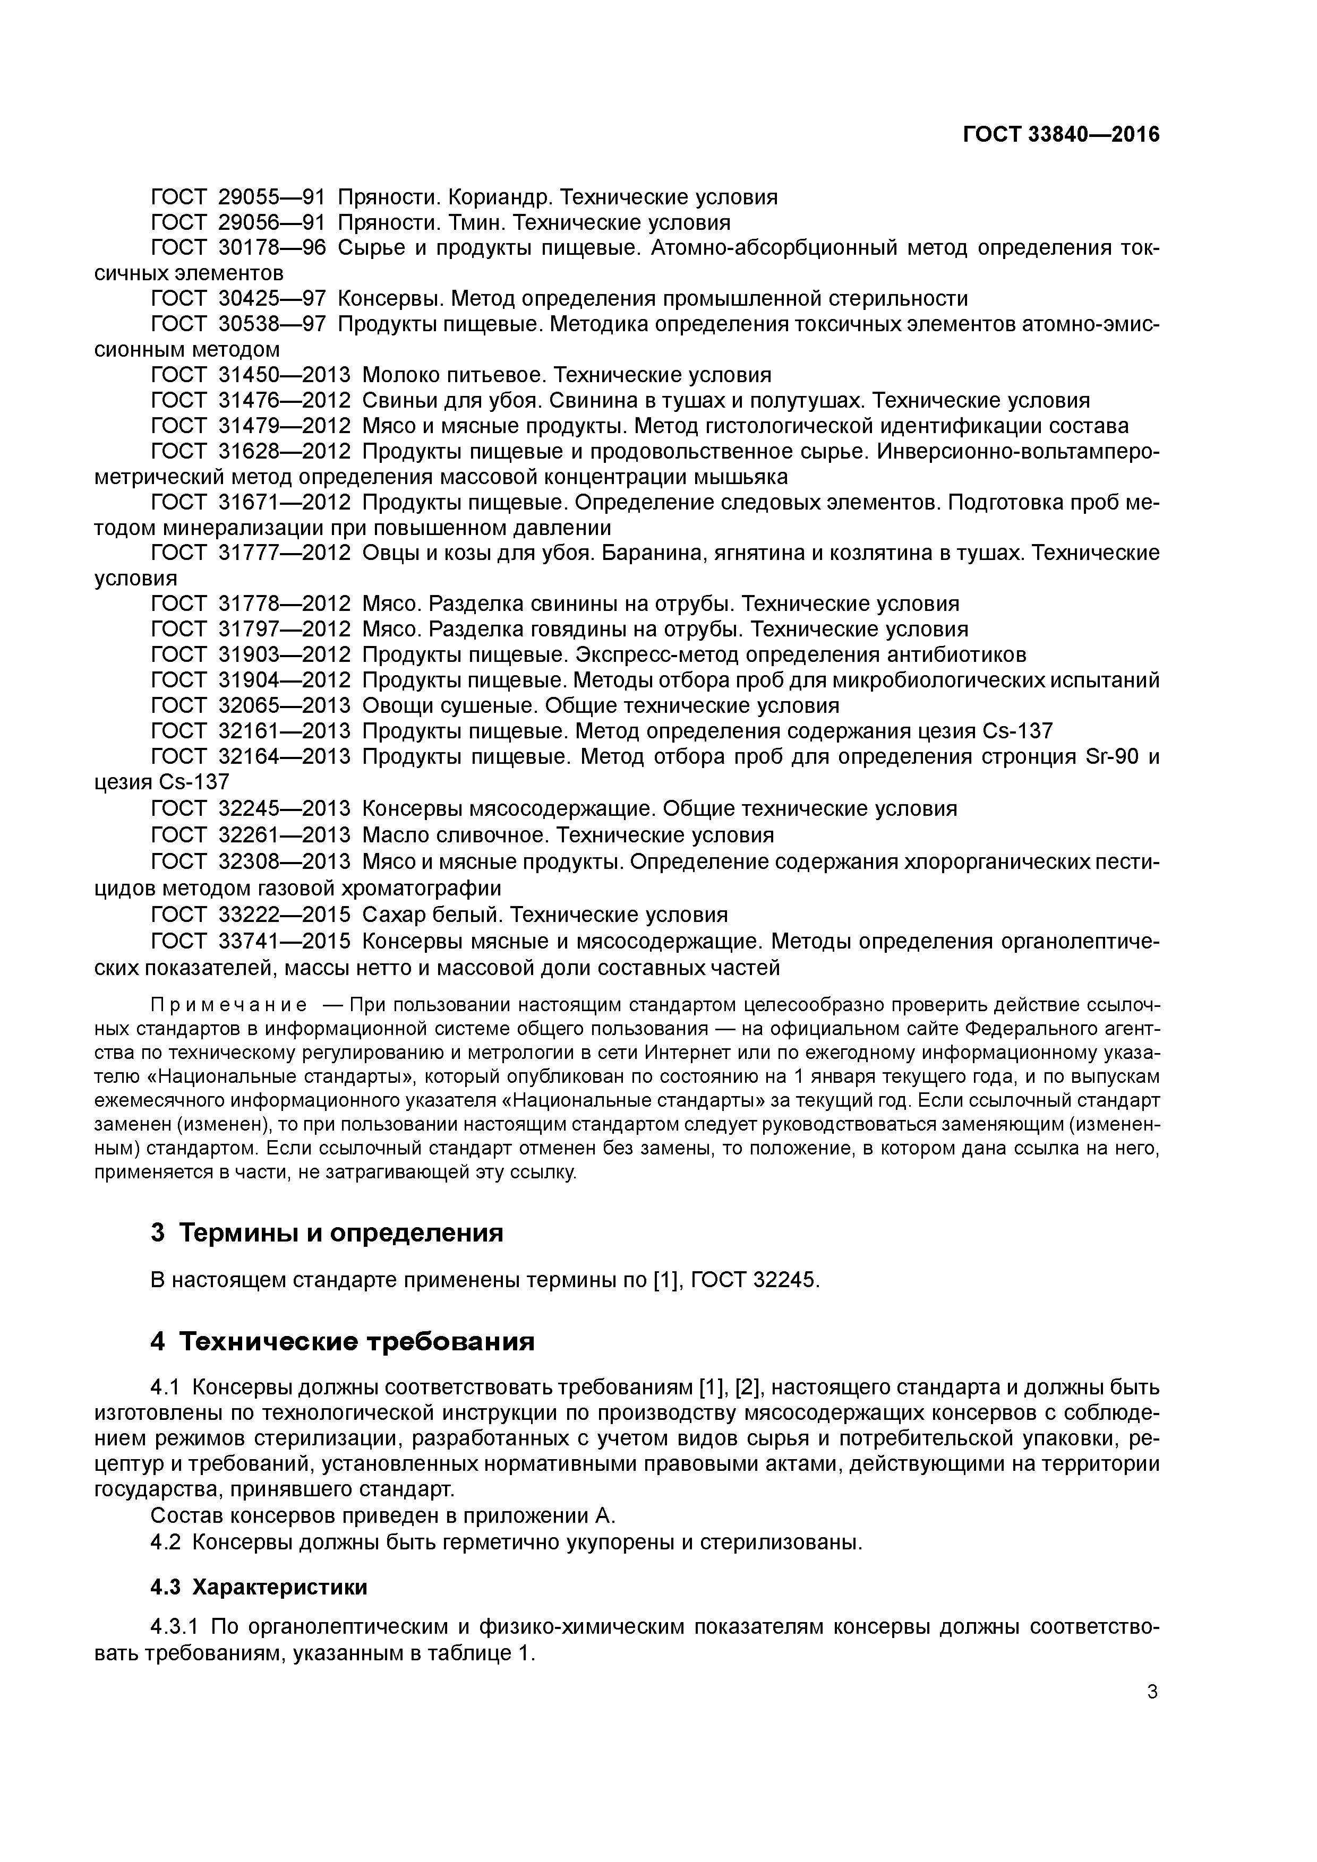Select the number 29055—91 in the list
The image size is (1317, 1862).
[272, 197]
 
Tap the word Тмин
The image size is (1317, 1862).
[483, 222]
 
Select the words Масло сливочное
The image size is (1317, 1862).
[455, 834]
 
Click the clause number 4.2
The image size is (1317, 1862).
[166, 1541]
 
